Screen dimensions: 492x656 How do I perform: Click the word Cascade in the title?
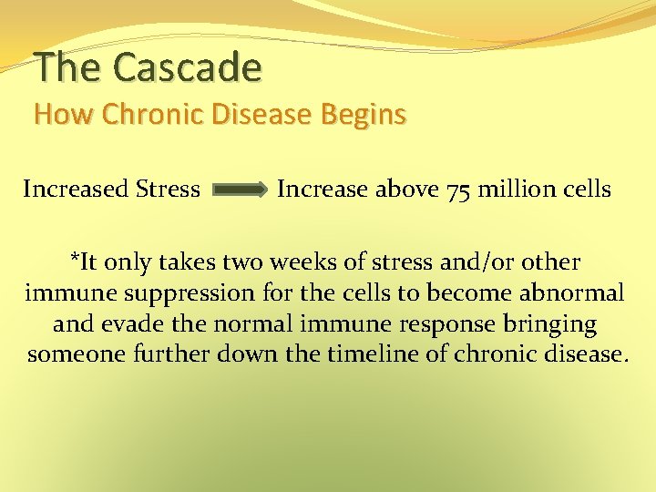coord(189,67)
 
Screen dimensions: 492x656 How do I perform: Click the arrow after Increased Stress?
coord(240,190)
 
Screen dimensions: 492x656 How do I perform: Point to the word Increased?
coord(75,190)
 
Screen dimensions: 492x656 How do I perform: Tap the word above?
coord(407,190)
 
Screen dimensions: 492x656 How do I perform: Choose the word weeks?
coord(326,262)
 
